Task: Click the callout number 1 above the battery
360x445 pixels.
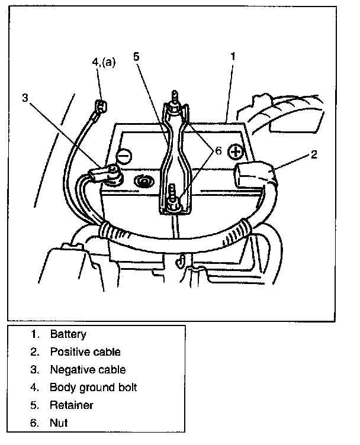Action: click(x=233, y=56)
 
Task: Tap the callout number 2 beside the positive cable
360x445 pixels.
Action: click(x=314, y=154)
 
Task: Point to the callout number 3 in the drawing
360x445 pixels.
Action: click(x=25, y=98)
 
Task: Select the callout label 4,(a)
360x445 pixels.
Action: click(x=104, y=62)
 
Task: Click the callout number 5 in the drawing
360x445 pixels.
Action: click(x=137, y=56)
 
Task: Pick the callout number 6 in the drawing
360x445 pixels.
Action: click(x=218, y=151)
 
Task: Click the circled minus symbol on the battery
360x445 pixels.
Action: click(x=124, y=156)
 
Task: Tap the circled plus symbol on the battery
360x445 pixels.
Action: click(x=236, y=152)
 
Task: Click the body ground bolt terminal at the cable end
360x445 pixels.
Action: click(x=101, y=106)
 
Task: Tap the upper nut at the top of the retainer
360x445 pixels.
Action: click(x=174, y=109)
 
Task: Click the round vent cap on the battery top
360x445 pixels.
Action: click(x=144, y=182)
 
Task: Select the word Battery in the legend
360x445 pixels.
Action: click(x=68, y=334)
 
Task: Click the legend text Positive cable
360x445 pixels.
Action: click(x=85, y=352)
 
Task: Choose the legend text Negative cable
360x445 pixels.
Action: click(x=88, y=370)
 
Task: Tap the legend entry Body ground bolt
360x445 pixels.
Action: click(x=94, y=388)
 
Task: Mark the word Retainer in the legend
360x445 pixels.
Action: click(x=72, y=405)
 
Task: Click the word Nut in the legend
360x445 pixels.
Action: click(x=59, y=423)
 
